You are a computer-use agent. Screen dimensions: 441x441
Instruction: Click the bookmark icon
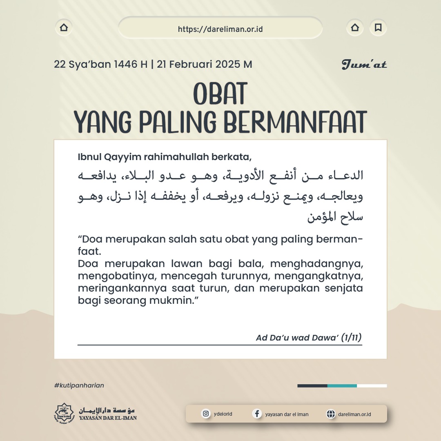click(x=378, y=28)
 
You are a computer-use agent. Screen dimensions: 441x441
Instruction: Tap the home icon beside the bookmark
click(x=355, y=28)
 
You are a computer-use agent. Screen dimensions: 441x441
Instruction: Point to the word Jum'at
click(x=364, y=65)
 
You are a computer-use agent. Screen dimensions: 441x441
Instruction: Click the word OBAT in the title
click(x=220, y=94)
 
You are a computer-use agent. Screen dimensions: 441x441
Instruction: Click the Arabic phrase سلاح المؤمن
click(x=335, y=217)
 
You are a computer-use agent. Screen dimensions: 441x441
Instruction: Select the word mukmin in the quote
click(x=182, y=300)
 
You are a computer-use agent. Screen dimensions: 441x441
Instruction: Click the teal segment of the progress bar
click(x=342, y=385)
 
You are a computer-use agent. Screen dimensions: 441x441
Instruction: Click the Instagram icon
click(x=206, y=414)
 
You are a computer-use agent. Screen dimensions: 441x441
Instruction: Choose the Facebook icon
click(x=257, y=414)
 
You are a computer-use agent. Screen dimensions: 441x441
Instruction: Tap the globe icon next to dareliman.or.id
click(x=330, y=414)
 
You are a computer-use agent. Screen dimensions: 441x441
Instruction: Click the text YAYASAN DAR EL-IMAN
click(x=108, y=418)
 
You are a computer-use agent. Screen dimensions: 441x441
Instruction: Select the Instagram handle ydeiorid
click(x=223, y=414)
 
